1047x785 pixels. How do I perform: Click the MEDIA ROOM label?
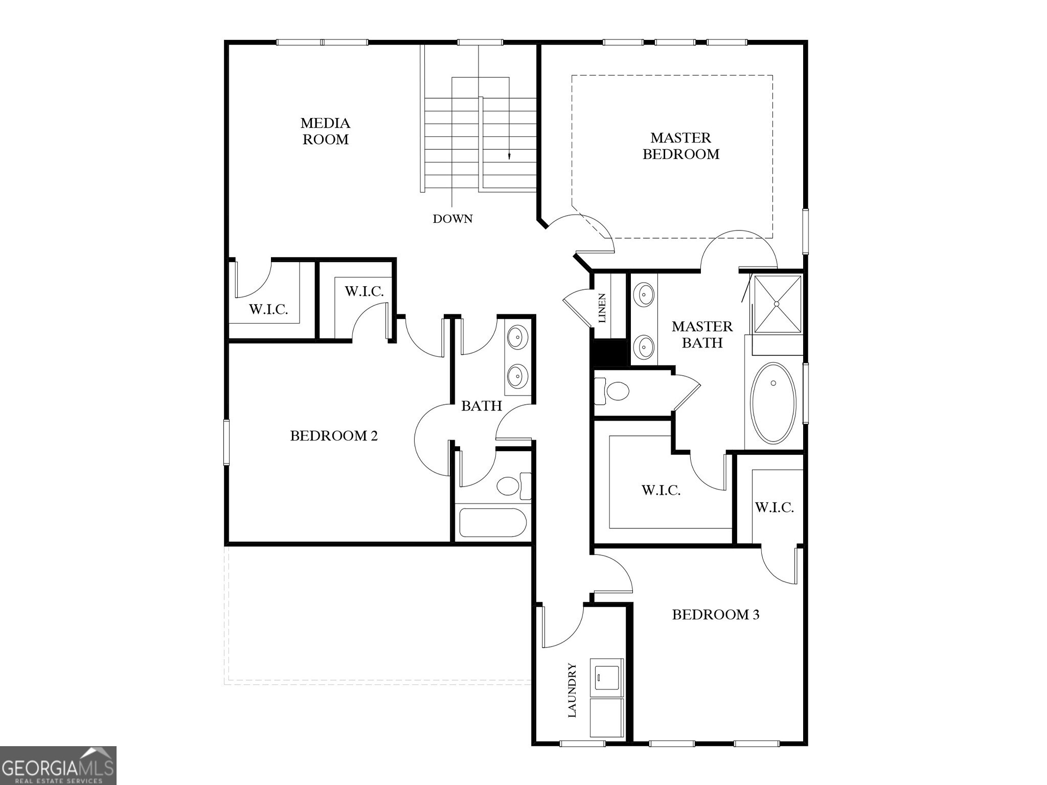click(x=325, y=131)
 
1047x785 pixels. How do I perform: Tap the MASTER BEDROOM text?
click(x=680, y=146)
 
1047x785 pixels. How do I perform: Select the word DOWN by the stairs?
click(x=452, y=219)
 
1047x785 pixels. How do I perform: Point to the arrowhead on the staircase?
click(x=509, y=156)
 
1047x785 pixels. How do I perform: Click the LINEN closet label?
click(x=602, y=308)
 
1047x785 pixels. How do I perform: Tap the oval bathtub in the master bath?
click(x=773, y=402)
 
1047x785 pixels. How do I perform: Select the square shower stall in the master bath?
click(x=777, y=304)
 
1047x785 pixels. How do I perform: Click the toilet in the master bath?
click(x=613, y=392)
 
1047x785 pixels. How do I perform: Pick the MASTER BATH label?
click(x=702, y=334)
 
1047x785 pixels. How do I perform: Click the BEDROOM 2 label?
click(x=334, y=435)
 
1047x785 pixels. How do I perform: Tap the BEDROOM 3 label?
click(x=715, y=614)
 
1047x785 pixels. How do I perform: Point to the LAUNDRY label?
click(x=572, y=690)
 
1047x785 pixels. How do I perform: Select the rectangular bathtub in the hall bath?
click(x=492, y=522)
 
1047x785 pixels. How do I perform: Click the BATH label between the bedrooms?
click(x=481, y=406)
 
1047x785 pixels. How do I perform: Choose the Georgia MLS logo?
click(x=58, y=765)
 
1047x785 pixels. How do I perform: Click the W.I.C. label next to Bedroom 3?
click(x=774, y=507)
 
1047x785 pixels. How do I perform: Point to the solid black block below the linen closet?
click(x=608, y=353)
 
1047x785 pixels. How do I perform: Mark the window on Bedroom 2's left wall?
click(x=226, y=442)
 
